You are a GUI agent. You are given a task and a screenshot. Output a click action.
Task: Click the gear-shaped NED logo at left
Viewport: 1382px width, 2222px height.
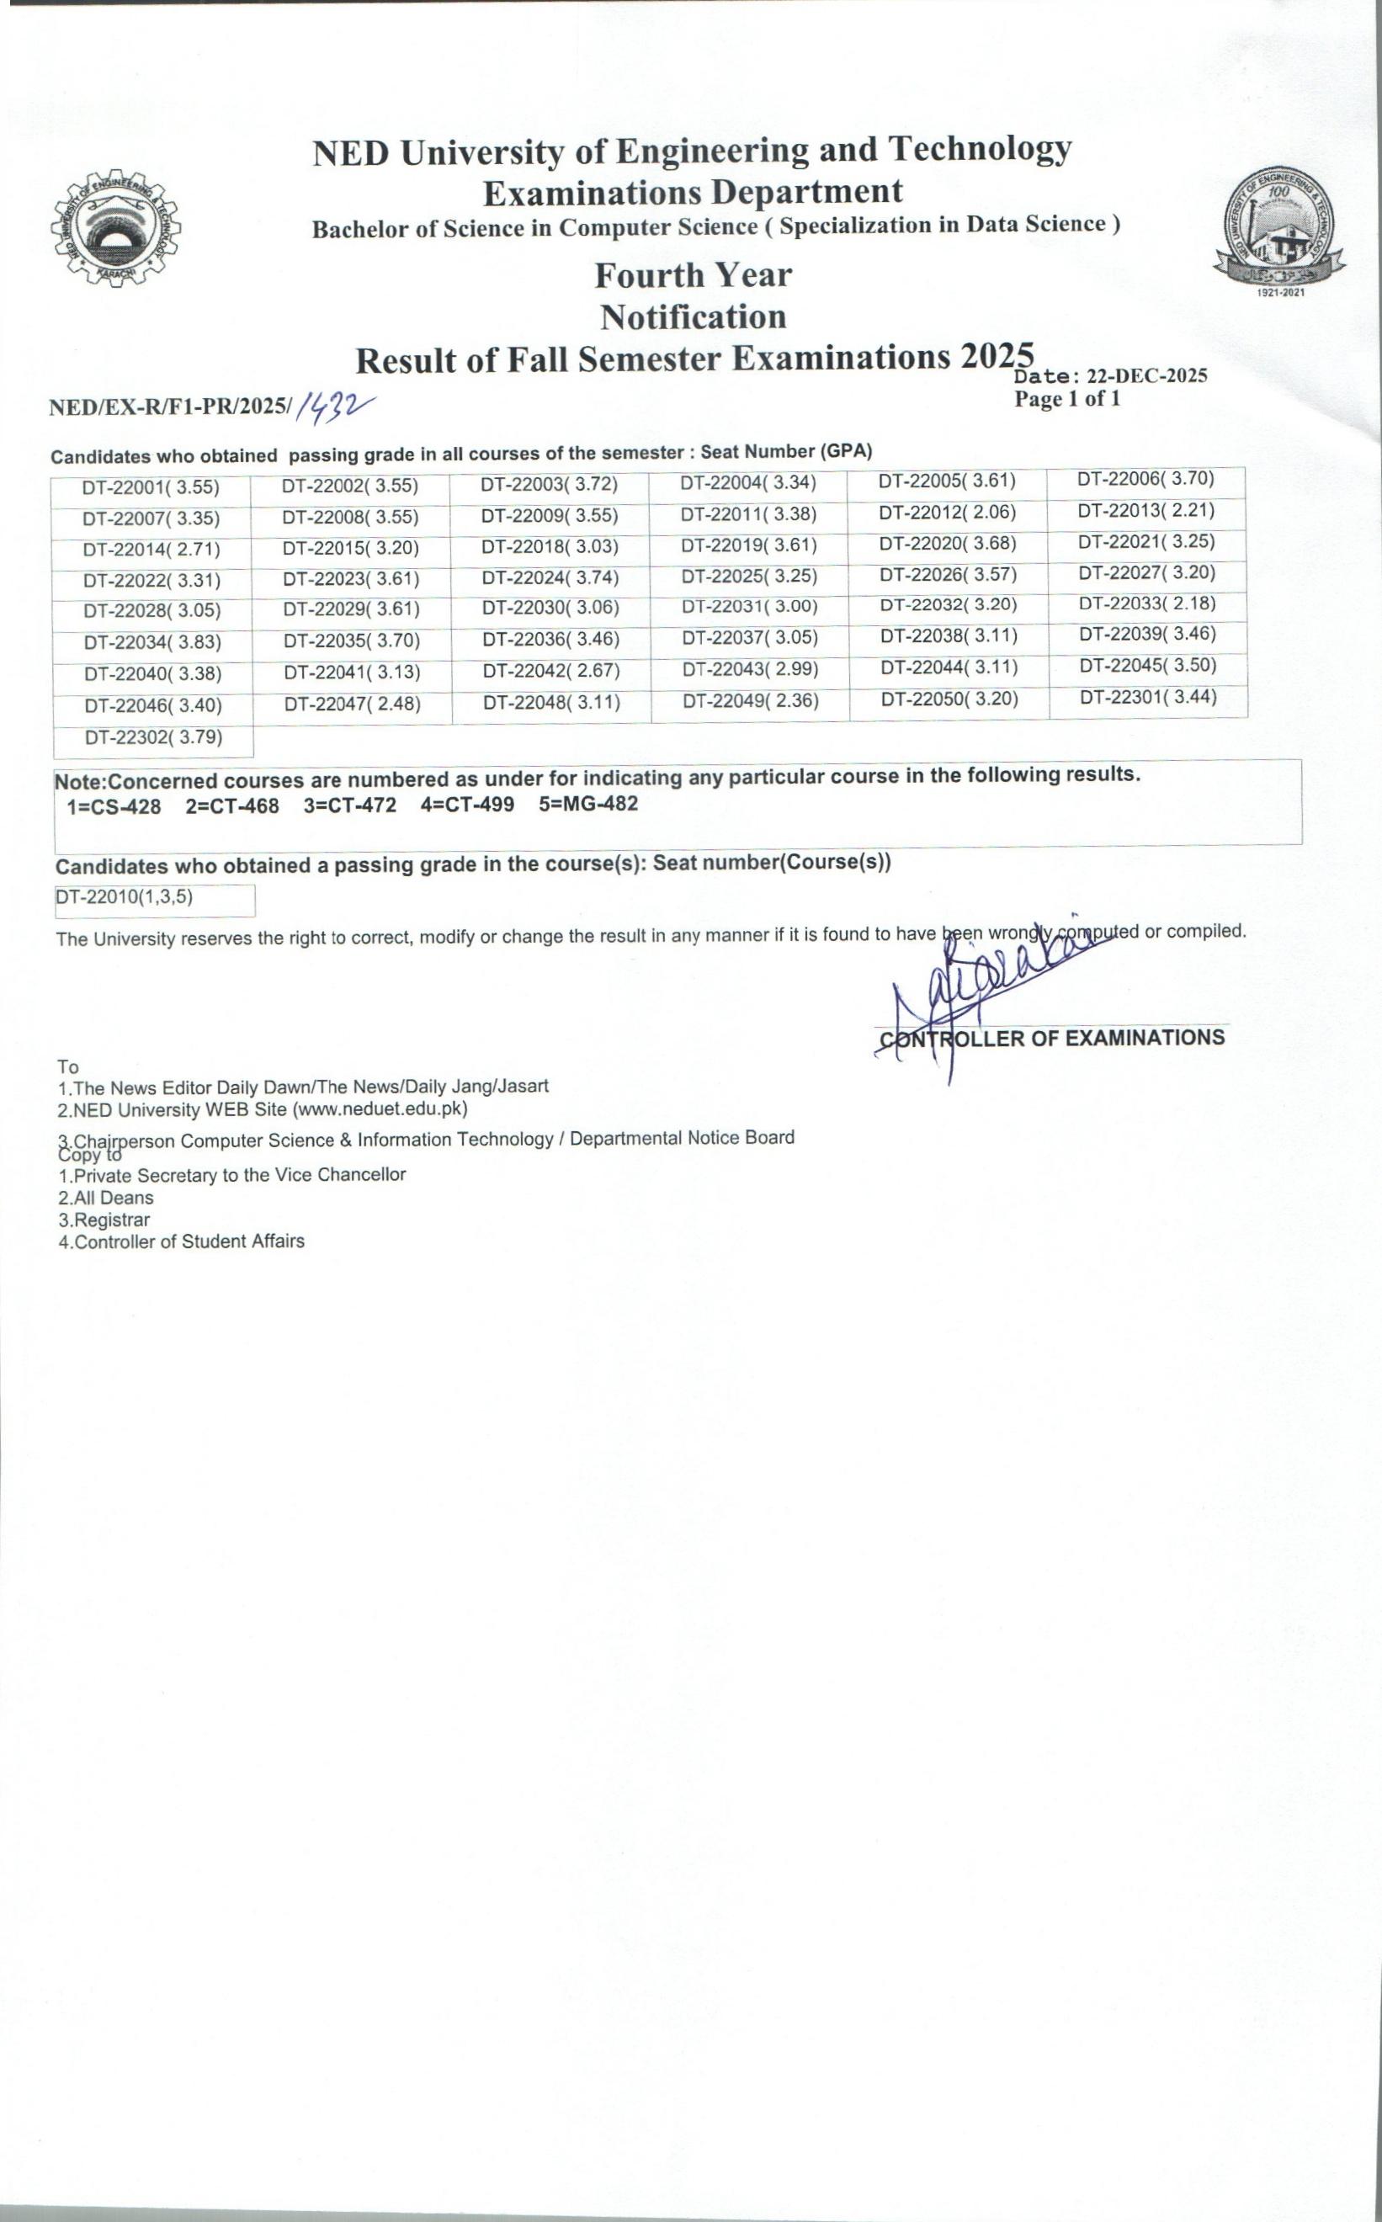[x=115, y=228]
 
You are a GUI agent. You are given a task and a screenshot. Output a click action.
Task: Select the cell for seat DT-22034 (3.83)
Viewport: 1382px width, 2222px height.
[x=152, y=642]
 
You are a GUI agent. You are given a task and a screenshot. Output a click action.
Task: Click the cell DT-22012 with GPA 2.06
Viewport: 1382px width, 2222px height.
[x=947, y=513]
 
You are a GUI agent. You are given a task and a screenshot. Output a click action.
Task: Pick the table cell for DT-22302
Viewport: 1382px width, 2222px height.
[x=153, y=737]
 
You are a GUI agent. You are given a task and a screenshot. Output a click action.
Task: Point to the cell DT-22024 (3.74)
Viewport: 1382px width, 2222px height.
[x=550, y=577]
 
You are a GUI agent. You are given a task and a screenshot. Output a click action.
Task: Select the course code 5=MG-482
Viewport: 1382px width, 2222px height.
[x=588, y=805]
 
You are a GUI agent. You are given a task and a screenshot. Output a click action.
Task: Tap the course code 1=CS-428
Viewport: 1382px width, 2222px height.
[x=114, y=807]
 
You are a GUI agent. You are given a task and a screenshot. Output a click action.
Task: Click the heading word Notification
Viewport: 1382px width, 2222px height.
[x=693, y=317]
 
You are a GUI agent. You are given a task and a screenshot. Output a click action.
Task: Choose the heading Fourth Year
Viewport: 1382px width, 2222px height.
[x=693, y=274]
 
